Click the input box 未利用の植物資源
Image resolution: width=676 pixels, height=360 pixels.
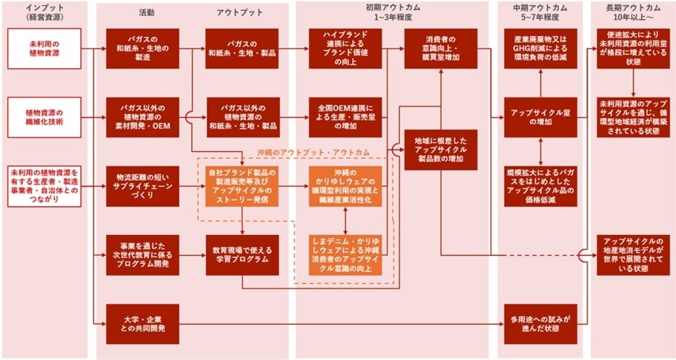[x=43, y=48]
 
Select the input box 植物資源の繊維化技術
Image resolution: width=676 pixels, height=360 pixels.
[x=43, y=116]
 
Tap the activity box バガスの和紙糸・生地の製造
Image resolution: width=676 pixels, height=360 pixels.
[x=142, y=48]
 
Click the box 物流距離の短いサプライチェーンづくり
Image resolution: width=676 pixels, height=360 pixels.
[x=142, y=186]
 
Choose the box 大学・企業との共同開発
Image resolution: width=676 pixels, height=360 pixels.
[x=142, y=323]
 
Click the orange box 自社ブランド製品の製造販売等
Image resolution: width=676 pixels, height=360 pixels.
[x=241, y=186]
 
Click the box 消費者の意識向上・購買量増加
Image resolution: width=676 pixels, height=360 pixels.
[x=440, y=48]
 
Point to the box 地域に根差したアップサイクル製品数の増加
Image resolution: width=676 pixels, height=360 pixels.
[x=440, y=149]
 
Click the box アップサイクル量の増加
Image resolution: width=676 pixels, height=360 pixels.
[x=540, y=116]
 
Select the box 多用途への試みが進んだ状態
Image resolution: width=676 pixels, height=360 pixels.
[x=540, y=323]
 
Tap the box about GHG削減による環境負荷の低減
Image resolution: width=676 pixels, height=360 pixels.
[x=540, y=48]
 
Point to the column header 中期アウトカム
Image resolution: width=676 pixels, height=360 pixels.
[x=540, y=12]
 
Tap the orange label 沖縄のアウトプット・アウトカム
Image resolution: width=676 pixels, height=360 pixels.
[x=313, y=153]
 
